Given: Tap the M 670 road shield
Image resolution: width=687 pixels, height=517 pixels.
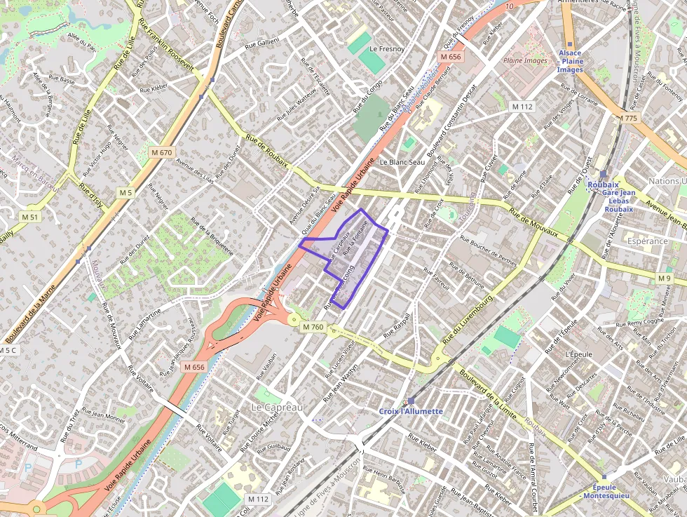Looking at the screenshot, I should click(161, 152).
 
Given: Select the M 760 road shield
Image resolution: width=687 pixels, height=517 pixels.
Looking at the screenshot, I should click(313, 327).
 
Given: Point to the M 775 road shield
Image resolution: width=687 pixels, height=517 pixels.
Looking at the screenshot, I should click(628, 119).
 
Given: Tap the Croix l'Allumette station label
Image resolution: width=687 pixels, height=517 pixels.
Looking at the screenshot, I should click(411, 410).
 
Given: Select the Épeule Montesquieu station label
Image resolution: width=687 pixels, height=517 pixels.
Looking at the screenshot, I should click(606, 491).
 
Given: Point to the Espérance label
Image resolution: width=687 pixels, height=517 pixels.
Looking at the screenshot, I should click(648, 241).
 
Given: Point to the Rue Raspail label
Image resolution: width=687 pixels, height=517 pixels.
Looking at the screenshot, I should click(397, 327).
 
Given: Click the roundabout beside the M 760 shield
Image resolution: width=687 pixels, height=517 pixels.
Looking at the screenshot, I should click(293, 320).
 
